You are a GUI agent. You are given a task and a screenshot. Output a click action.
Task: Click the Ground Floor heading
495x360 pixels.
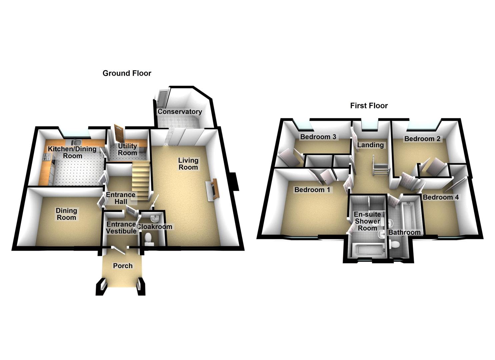click(127, 73)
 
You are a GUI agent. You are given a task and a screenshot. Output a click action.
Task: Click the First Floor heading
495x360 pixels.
click(369, 106)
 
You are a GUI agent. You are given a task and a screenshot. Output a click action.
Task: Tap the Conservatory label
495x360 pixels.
click(180, 112)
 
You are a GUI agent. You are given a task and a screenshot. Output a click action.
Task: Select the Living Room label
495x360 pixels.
click(188, 164)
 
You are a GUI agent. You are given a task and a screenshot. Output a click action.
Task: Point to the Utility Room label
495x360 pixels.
click(128, 149)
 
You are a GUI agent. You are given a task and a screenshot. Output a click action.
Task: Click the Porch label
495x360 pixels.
click(123, 266)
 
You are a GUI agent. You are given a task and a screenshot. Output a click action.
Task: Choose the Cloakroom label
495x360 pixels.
click(155, 227)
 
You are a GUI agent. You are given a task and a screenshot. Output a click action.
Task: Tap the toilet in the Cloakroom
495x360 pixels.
click(149, 239)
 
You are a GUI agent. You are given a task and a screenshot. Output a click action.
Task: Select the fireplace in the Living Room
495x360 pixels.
click(213, 189)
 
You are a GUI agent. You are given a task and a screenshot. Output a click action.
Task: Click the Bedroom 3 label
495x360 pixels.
click(318, 137)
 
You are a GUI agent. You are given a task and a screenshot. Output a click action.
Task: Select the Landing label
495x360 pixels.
click(370, 145)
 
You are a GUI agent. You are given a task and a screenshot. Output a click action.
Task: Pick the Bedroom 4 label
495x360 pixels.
click(441, 197)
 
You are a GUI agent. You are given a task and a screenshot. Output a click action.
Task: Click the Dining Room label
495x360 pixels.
click(66, 214)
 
